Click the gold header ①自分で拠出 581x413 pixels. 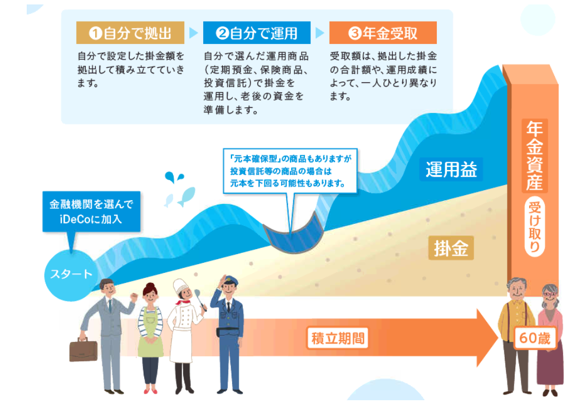point(130,33)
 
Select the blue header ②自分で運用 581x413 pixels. point(257,33)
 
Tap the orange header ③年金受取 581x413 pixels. point(383,33)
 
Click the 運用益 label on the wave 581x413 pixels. point(451,170)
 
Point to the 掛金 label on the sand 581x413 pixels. point(451,248)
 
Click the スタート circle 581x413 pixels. point(71,275)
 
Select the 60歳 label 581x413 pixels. point(535,338)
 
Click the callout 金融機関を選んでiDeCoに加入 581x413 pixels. point(91,212)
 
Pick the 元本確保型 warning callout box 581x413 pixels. point(290,171)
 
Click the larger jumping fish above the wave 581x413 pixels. point(187,196)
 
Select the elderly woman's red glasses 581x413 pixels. point(550,295)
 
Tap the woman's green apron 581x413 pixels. point(150,335)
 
